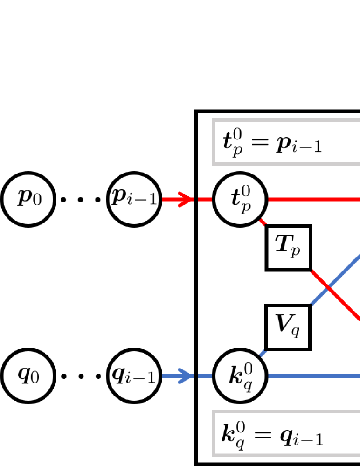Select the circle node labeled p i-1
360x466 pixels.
[134, 200]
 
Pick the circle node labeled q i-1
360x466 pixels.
[134, 375]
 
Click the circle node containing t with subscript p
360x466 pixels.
[240, 200]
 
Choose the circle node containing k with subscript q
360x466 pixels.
[240, 375]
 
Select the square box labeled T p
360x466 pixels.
[289, 248]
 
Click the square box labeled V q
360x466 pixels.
[289, 327]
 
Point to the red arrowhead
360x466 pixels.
[187, 200]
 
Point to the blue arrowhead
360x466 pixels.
[187, 375]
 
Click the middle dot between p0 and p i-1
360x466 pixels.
[81, 200]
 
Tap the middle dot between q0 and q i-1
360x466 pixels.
[81, 376]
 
